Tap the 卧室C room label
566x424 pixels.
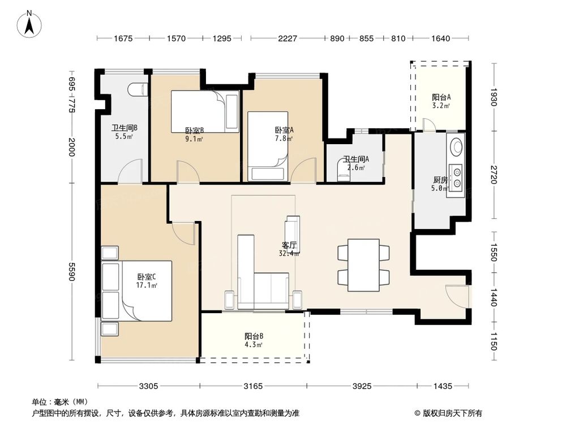click(147, 277)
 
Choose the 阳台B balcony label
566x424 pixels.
click(254, 336)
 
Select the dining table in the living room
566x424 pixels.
click(363, 265)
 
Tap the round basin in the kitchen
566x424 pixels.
click(456, 146)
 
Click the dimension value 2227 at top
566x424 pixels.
click(288, 38)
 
